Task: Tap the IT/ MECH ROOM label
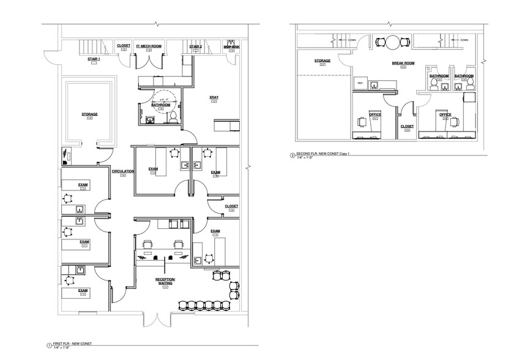pyautogui.click(x=148, y=46)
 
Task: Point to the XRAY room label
pyautogui.click(x=214, y=97)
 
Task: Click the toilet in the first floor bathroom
pyautogui.click(x=173, y=116)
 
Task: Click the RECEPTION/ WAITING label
pyautogui.click(x=166, y=282)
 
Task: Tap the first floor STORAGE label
pyautogui.click(x=89, y=114)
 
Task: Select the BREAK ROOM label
pyautogui.click(x=403, y=63)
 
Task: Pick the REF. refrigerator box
pyautogui.click(x=360, y=83)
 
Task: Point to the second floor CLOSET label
pyautogui.click(x=407, y=126)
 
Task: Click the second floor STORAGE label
pyautogui.click(x=322, y=61)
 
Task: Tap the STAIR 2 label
pyautogui.click(x=195, y=46)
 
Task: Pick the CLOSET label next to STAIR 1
pyautogui.click(x=124, y=45)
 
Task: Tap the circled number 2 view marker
pyautogui.click(x=292, y=156)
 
